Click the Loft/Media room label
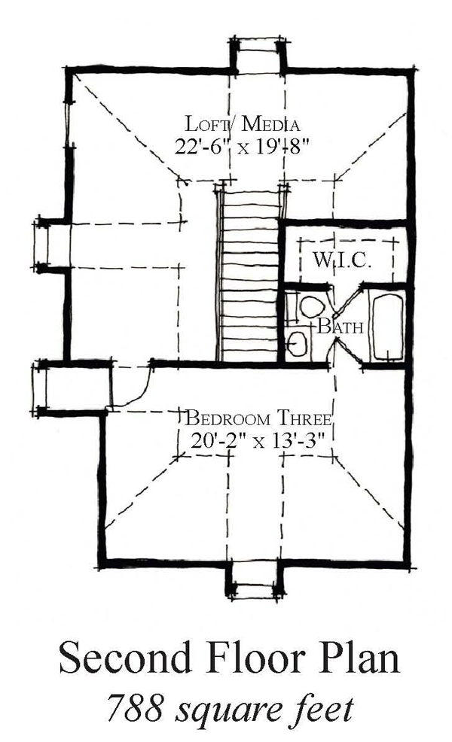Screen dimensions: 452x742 pyautogui.click(x=242, y=124)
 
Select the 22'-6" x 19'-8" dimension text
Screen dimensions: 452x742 pyautogui.click(x=242, y=147)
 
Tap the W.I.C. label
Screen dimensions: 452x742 pyautogui.click(x=341, y=260)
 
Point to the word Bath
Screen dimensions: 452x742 pyautogui.click(x=341, y=326)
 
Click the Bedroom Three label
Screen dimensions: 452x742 pyautogui.click(x=258, y=419)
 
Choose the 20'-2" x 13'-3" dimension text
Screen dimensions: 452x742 pyautogui.click(x=258, y=441)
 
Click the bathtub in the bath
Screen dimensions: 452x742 pyautogui.click(x=388, y=327)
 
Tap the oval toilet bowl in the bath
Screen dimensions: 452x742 pyautogui.click(x=311, y=306)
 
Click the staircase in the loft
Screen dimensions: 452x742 pyautogui.click(x=249, y=275)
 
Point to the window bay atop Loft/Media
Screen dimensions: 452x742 pyautogui.click(x=258, y=56)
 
